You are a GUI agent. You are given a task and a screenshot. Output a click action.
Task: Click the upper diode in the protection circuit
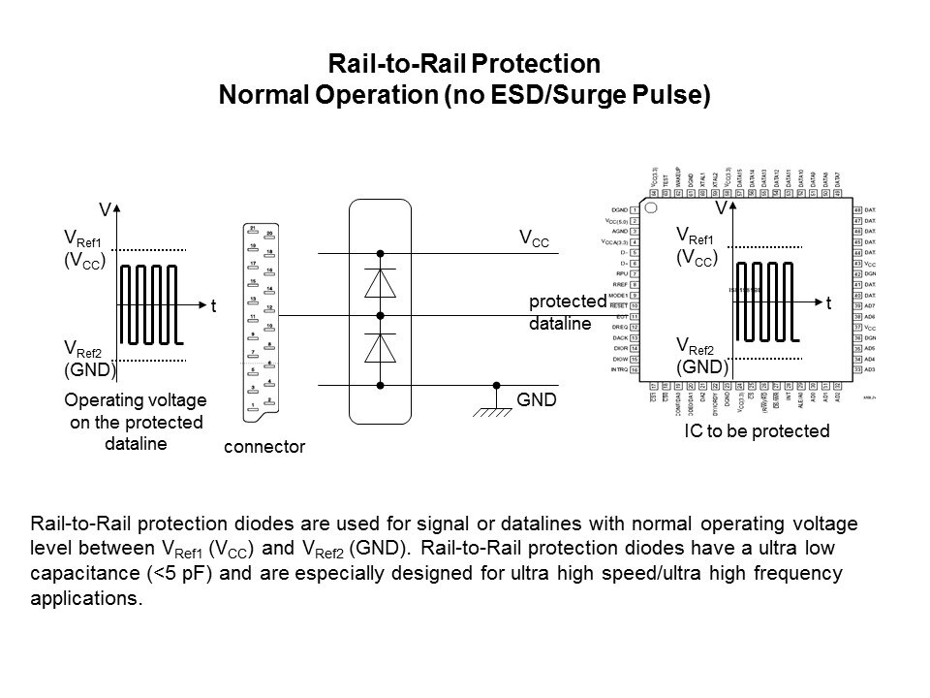(x=381, y=283)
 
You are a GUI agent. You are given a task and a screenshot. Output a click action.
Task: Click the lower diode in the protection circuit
(x=381, y=351)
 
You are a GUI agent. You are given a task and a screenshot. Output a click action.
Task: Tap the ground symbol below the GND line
(x=495, y=410)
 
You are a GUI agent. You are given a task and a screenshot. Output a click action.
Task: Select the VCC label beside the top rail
(x=534, y=239)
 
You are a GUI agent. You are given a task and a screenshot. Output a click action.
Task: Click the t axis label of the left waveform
(x=215, y=305)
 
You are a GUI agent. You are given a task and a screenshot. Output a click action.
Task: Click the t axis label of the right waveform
(x=829, y=303)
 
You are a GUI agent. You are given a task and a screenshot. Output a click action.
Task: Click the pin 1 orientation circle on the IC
(x=652, y=207)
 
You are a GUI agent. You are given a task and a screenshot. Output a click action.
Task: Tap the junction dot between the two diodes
(x=381, y=316)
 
